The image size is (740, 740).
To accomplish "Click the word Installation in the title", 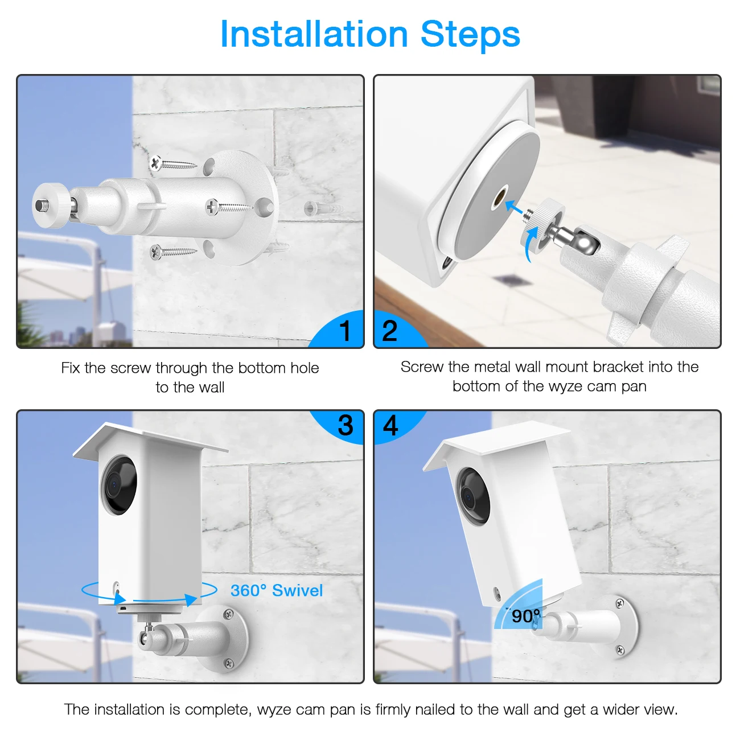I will pyautogui.click(x=314, y=34).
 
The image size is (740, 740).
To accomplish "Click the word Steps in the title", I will pyautogui.click(x=470, y=34).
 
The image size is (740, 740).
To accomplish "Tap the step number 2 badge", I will pyautogui.click(x=390, y=331).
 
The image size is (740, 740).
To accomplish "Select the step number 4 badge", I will pyautogui.click(x=390, y=425).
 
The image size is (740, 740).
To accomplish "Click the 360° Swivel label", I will pyautogui.click(x=277, y=590).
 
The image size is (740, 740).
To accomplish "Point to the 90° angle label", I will pyautogui.click(x=525, y=616).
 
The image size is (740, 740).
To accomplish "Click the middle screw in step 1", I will pyautogui.click(x=228, y=207).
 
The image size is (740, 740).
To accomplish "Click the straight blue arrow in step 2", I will pyautogui.click(x=516, y=209).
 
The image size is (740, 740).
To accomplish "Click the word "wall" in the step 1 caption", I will pyautogui.click(x=211, y=388).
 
